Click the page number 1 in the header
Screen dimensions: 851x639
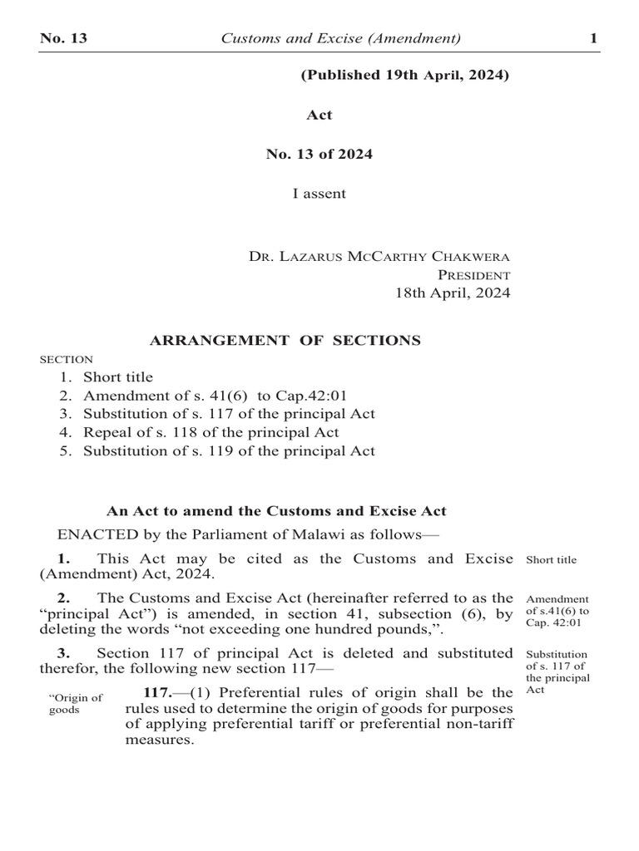coord(593,38)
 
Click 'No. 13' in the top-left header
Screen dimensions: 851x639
coord(64,38)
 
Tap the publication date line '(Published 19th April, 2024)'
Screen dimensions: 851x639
coord(404,76)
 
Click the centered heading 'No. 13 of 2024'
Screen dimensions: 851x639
coord(319,154)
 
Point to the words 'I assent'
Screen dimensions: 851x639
coord(319,194)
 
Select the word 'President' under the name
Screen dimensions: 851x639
coord(474,274)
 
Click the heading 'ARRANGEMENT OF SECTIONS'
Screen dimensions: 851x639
coord(285,340)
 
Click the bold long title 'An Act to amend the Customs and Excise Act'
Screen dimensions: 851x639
coord(276,511)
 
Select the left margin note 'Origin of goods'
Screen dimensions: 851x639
coord(76,703)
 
